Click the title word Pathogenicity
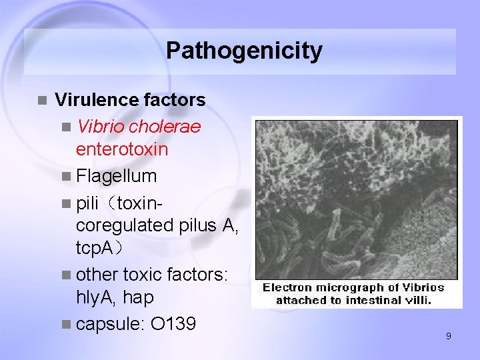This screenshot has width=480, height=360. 244,51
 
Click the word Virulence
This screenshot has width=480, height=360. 97,101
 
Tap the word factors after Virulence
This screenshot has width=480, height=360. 175,101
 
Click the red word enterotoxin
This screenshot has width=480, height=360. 122,149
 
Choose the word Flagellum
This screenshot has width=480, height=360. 117,176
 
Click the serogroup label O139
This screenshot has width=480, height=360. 173,324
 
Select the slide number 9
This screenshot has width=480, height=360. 448,337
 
